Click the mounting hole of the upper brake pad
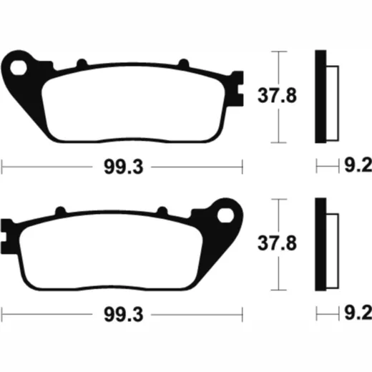point(19,68)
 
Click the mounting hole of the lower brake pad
point(225,215)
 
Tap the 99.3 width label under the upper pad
point(124,167)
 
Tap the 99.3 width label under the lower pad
point(124,315)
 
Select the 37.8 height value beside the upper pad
point(277,96)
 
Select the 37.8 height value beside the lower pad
point(277,243)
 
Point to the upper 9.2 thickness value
point(358,165)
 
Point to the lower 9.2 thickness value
point(358,313)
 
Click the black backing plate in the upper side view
point(320,97)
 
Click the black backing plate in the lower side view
point(320,245)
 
